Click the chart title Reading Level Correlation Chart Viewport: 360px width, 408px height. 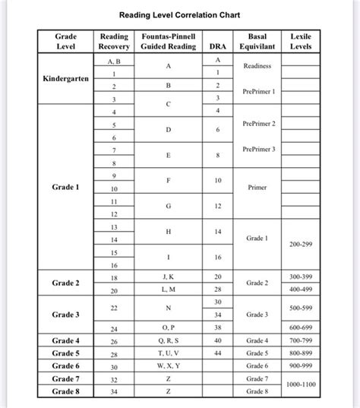pyautogui.click(x=179, y=14)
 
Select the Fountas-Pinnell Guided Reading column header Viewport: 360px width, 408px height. pyautogui.click(x=169, y=42)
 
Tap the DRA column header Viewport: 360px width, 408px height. pyautogui.click(x=218, y=47)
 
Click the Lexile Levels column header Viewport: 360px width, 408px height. pyautogui.click(x=301, y=42)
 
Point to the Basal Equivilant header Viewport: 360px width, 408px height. pyautogui.click(x=257, y=42)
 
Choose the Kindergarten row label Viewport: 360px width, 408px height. pyautogui.click(x=66, y=79)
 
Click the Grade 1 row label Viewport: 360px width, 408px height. pyautogui.click(x=66, y=187)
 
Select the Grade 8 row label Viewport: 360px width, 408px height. pyautogui.click(x=66, y=391)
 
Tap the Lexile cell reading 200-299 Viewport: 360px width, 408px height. pyautogui.click(x=301, y=245)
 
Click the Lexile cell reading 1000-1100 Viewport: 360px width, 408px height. pyautogui.click(x=301, y=385)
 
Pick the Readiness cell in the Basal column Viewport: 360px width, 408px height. pyautogui.click(x=257, y=66)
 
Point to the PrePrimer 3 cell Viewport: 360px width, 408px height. pyautogui.click(x=258, y=149)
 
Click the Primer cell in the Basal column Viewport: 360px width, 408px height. pyautogui.click(x=257, y=187)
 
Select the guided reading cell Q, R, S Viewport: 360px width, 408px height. pyautogui.click(x=169, y=340)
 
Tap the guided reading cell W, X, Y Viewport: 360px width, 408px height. pyautogui.click(x=169, y=366)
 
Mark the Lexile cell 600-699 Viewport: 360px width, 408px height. pyautogui.click(x=301, y=328)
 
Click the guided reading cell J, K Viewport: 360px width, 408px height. pyautogui.click(x=169, y=277)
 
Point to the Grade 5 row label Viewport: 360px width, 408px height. pyautogui.click(x=66, y=353)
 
